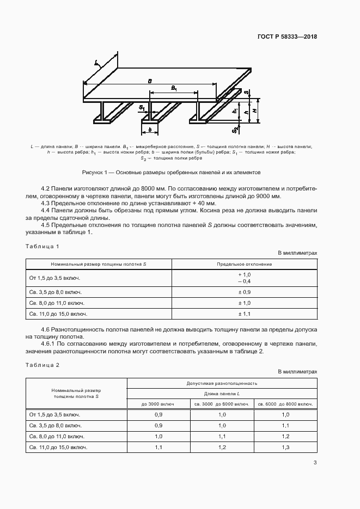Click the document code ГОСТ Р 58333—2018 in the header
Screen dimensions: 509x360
[287, 37]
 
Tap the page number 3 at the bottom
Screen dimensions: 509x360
[315, 463]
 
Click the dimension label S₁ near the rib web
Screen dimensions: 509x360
[142, 108]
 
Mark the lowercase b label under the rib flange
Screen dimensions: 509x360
[149, 130]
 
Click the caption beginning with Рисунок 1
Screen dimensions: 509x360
[171, 172]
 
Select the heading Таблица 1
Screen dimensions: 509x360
[42, 247]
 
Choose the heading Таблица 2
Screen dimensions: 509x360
[42, 365]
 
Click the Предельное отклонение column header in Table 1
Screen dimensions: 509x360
[245, 263]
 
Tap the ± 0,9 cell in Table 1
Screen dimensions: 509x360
[245, 292]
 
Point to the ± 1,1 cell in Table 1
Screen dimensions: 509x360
[245, 314]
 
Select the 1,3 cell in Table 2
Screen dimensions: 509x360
[286, 447]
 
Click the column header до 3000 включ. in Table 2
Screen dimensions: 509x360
[158, 403]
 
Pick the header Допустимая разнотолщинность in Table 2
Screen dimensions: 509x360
[222, 383]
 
